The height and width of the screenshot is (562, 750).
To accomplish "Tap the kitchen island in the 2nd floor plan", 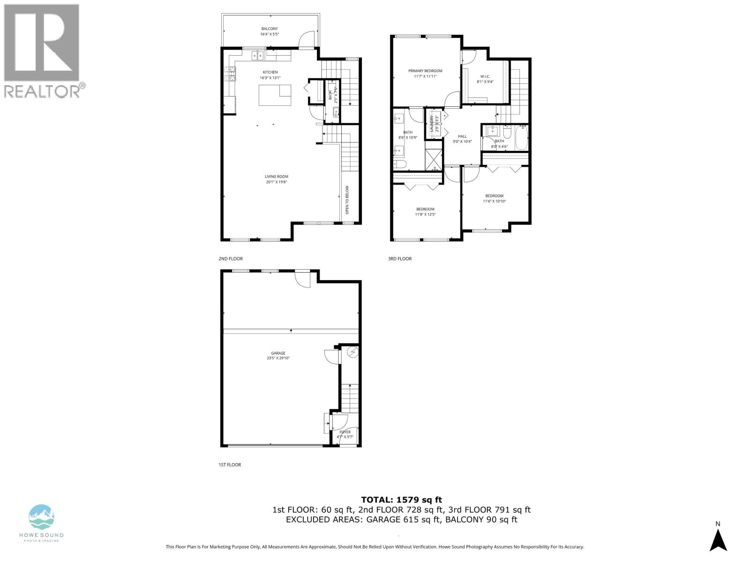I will point(275,96).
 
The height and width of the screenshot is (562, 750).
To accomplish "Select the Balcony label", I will point(270,29).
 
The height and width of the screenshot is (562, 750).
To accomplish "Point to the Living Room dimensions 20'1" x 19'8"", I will point(276,182).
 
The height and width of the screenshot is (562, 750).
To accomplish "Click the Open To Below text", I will point(347,200).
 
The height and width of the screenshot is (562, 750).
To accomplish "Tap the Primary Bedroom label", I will point(425,71).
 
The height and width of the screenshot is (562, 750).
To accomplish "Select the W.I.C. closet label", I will point(485,76).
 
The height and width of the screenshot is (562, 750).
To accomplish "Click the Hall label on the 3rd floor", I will point(462,136).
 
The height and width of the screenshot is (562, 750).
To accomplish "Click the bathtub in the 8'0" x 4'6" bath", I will point(521,137).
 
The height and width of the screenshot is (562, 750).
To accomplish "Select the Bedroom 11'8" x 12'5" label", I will point(425,209).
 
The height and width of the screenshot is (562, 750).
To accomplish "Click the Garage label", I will point(278,354).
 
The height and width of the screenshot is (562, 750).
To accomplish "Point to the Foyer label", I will point(345,432).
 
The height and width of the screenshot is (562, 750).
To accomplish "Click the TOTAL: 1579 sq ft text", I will point(401,500).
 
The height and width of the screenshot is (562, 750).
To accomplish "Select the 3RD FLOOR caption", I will point(400,259).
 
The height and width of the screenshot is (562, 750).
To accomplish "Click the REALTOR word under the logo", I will point(42,91).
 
